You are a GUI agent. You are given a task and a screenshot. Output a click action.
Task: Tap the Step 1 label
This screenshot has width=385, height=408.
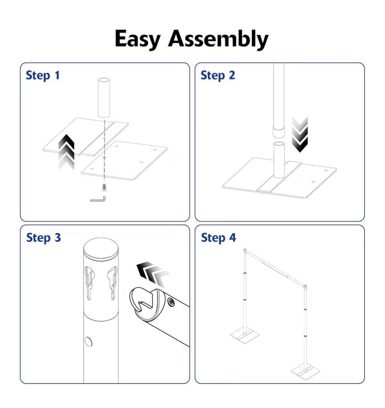click(x=43, y=75)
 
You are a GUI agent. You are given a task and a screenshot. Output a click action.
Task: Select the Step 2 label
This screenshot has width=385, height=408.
click(x=218, y=75)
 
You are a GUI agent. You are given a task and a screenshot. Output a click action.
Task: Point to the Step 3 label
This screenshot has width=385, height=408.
click(x=43, y=237)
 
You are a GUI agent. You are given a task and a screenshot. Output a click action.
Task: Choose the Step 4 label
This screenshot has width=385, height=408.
click(x=219, y=237)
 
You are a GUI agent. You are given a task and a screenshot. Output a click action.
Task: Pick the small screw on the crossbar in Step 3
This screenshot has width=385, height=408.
click(x=172, y=301)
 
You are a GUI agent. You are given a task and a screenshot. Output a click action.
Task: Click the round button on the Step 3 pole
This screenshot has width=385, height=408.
click(x=88, y=342)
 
